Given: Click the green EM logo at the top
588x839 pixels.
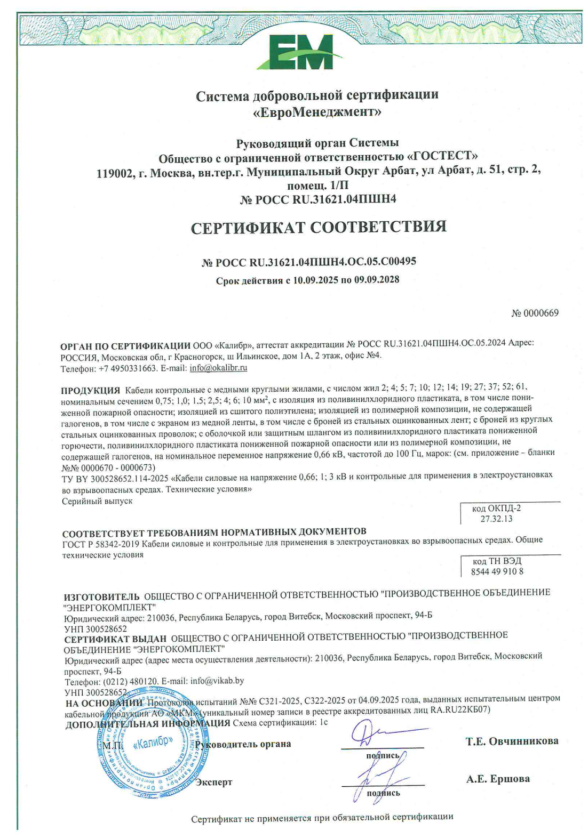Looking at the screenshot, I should click(294, 52).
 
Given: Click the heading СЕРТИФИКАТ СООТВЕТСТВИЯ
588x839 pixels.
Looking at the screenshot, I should click(319, 228).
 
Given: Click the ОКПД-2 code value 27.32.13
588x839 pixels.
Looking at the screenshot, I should click(496, 519).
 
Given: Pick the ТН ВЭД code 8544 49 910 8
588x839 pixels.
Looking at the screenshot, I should click(497, 571).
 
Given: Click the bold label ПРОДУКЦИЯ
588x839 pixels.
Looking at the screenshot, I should click(90, 390).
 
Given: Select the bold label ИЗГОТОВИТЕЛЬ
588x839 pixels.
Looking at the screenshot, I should click(102, 596).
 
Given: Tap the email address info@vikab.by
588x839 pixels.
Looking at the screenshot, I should click(217, 681).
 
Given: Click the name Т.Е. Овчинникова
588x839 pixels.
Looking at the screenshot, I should click(512, 741).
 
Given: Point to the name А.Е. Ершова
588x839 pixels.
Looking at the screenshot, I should click(497, 779).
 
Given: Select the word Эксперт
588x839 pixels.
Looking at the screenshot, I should click(214, 782).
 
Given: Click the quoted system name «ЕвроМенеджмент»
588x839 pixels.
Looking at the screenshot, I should click(317, 112).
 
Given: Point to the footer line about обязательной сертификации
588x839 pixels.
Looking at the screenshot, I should click(322, 817).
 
